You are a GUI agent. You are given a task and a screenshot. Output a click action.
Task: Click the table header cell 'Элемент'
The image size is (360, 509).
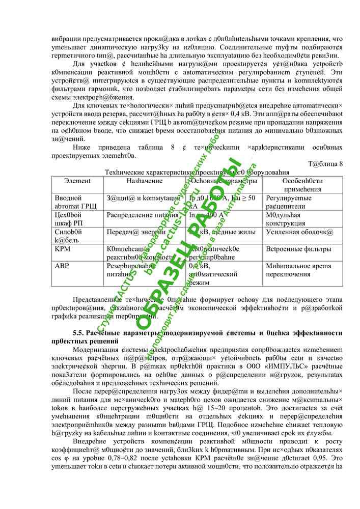coord(77,181)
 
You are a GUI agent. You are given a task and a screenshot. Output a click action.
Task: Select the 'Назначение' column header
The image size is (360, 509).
coord(144,181)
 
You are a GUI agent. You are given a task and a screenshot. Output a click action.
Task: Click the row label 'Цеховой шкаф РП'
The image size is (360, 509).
coord(68,219)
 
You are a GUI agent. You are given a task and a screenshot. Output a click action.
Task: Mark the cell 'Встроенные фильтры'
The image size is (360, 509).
coord(295,249)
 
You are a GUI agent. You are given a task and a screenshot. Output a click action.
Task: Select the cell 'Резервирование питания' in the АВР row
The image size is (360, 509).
coord(130,270)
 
